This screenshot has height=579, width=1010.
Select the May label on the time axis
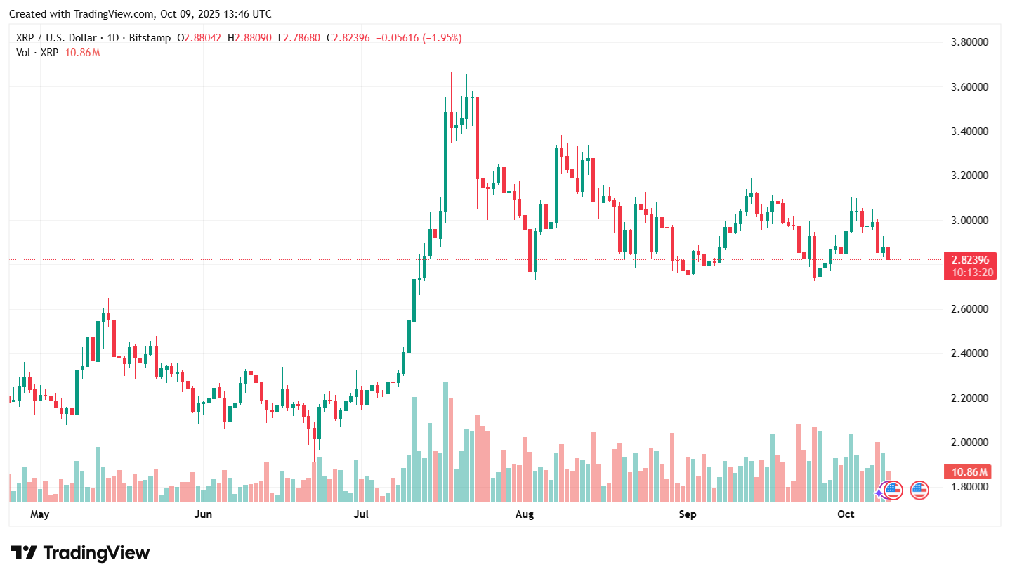coord(39,514)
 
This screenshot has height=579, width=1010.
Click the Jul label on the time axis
coord(361,514)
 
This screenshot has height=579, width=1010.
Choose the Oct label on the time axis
coord(846,514)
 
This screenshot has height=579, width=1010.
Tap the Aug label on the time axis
coord(524,514)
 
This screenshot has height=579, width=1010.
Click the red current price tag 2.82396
coord(969,260)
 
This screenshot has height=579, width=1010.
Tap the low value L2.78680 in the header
coord(302,38)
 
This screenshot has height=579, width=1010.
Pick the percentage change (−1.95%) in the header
coord(440,38)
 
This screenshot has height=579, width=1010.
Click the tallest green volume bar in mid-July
coord(445,442)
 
